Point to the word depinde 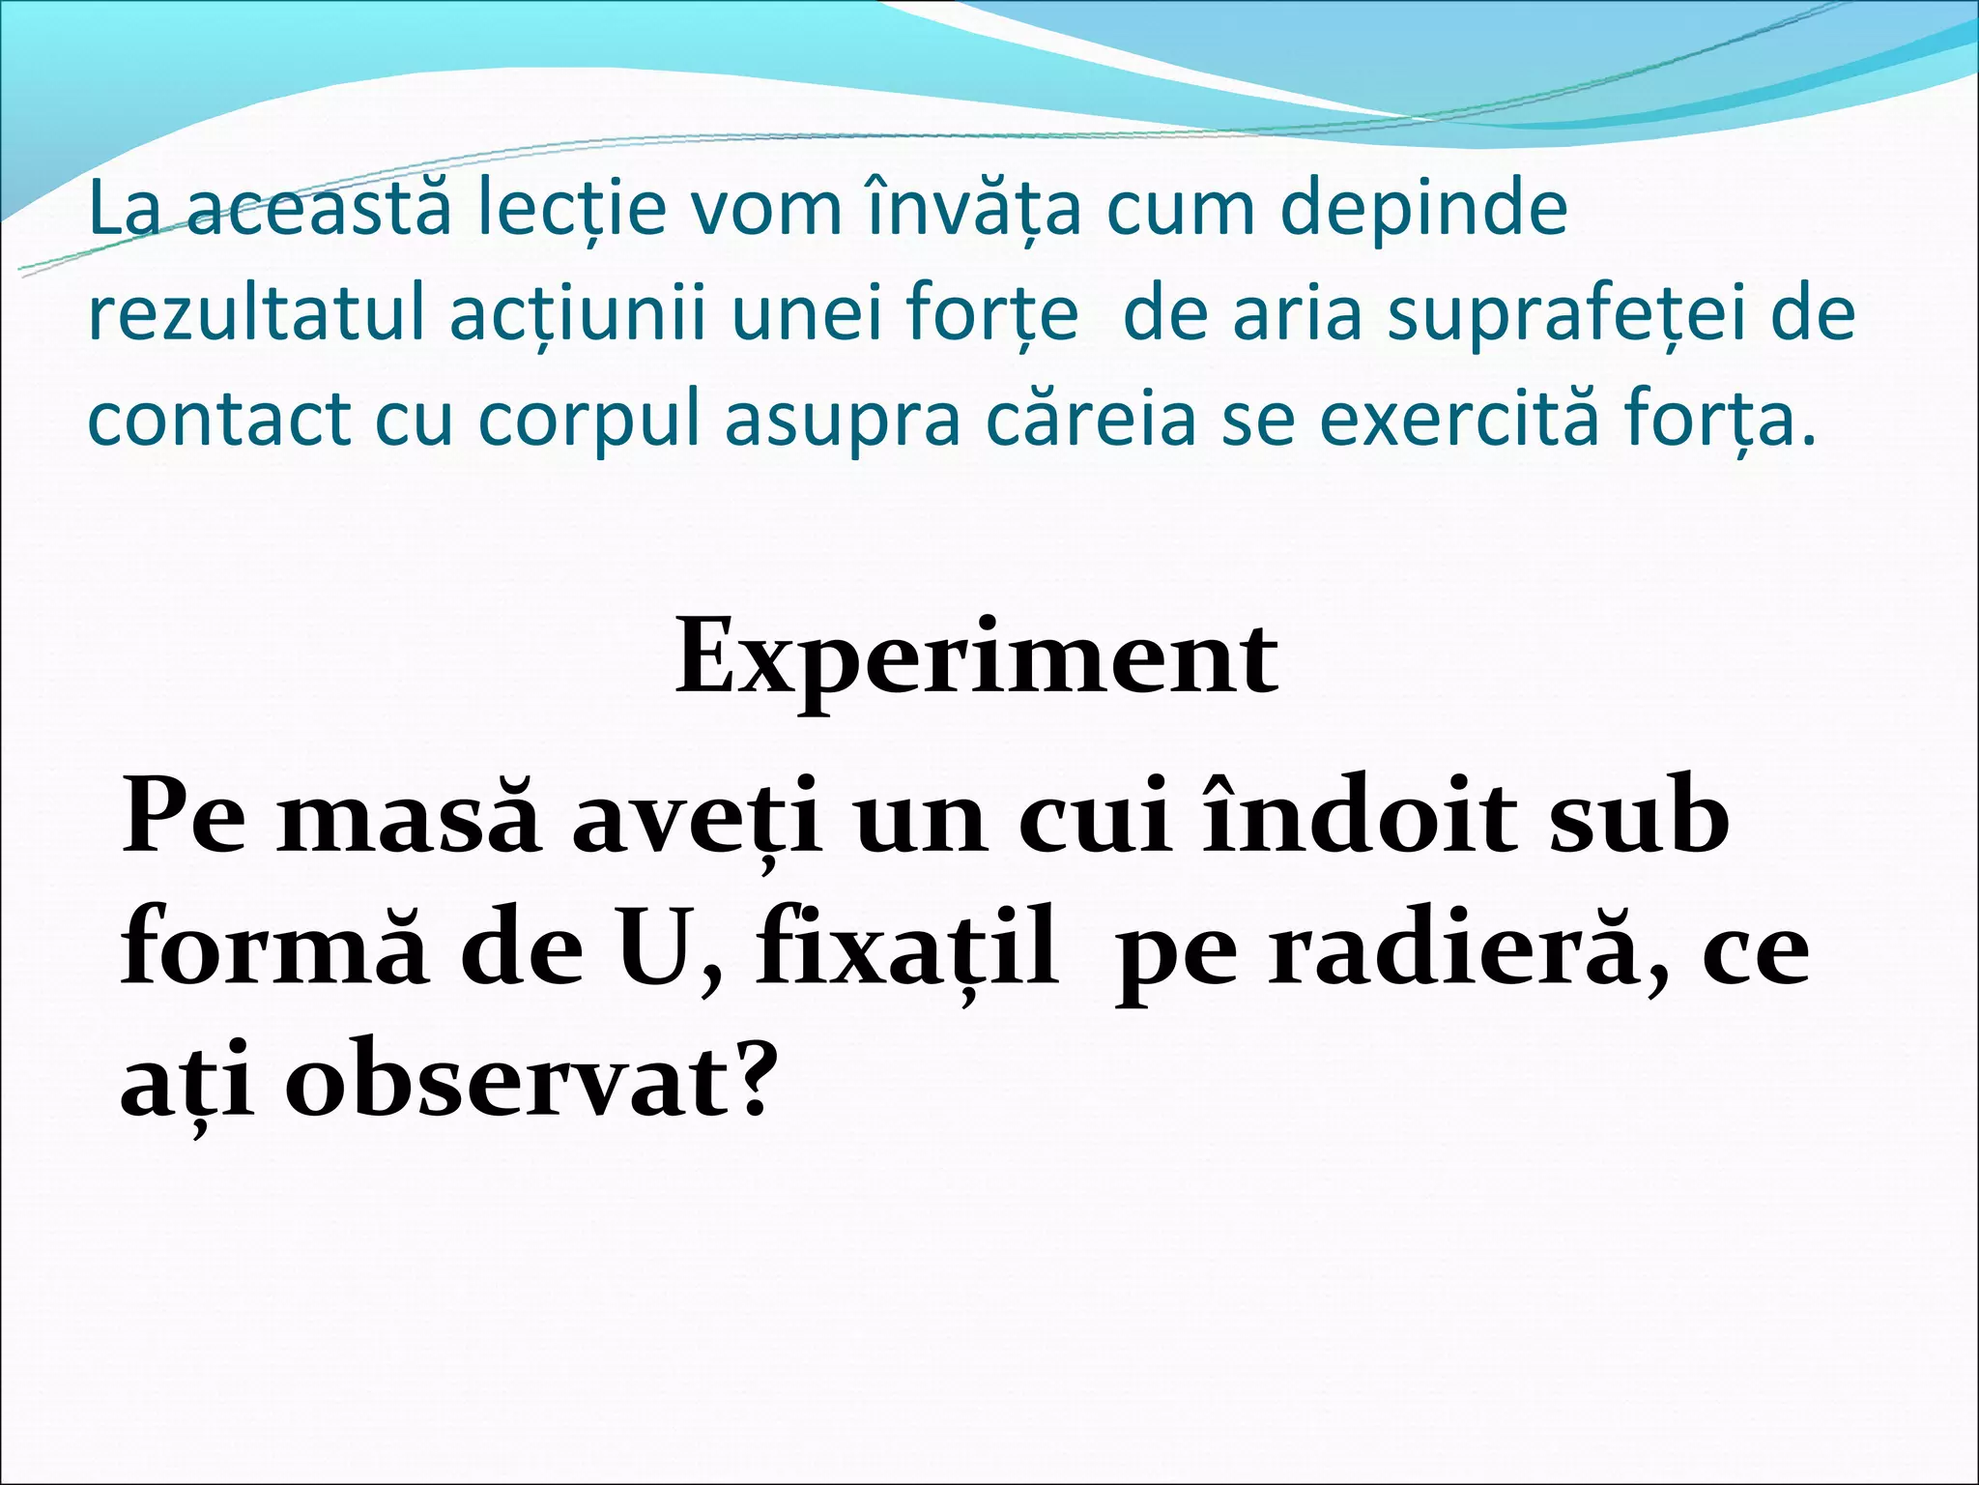coord(1423,211)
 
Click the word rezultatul coord(255,314)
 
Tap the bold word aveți coord(697,820)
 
